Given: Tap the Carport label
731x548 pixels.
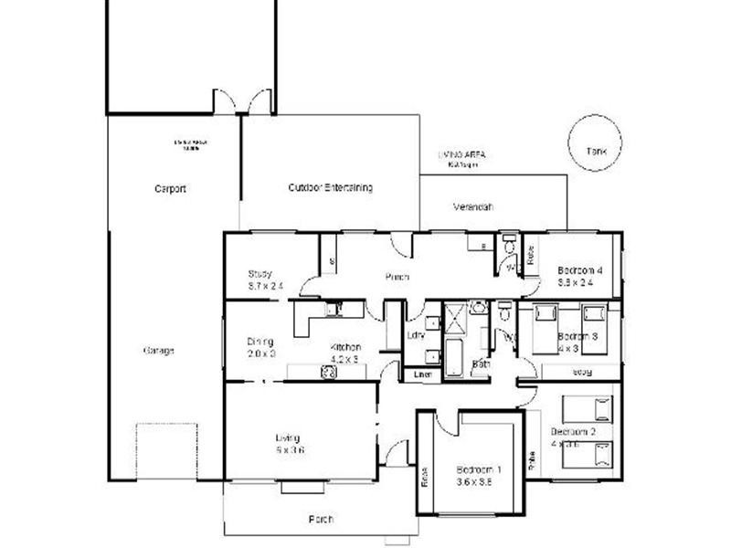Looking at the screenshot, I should pyautogui.click(x=170, y=189).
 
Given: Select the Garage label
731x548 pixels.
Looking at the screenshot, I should pyautogui.click(x=158, y=351).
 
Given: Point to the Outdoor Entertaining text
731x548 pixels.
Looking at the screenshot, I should pyautogui.click(x=330, y=187).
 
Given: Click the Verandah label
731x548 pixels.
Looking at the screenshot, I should pyautogui.click(x=473, y=207).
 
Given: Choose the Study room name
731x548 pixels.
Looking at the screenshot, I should pyautogui.click(x=260, y=274).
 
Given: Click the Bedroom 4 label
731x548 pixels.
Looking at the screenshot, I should pyautogui.click(x=580, y=270).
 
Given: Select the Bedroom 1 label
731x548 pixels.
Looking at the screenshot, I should pyautogui.click(x=479, y=471).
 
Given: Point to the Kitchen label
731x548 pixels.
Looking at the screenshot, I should pyautogui.click(x=346, y=347).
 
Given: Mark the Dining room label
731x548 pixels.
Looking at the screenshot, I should pyautogui.click(x=260, y=342).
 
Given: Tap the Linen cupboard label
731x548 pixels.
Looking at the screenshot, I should pyautogui.click(x=420, y=374).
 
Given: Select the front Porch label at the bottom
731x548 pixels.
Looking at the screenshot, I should pyautogui.click(x=321, y=519).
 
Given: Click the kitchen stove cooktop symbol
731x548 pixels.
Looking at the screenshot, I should pyautogui.click(x=326, y=372).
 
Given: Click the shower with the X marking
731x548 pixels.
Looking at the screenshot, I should pyautogui.click(x=454, y=316).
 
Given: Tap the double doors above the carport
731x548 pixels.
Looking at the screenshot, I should pyautogui.click(x=242, y=102).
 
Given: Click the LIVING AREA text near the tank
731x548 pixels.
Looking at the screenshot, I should pyautogui.click(x=461, y=156).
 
